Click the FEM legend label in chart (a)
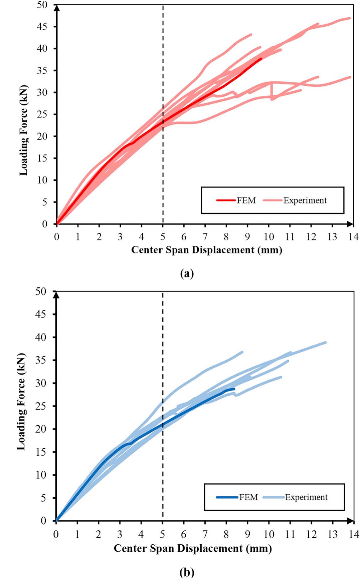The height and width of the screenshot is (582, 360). pyautogui.click(x=246, y=200)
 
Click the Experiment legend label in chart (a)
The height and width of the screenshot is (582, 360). pyautogui.click(x=305, y=200)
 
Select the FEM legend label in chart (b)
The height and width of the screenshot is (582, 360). pyautogui.click(x=248, y=497)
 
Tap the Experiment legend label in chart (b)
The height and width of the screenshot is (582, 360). pyautogui.click(x=306, y=497)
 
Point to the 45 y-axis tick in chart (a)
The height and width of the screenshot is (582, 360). pyautogui.click(x=42, y=27)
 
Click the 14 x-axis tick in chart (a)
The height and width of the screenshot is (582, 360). pyautogui.click(x=353, y=237)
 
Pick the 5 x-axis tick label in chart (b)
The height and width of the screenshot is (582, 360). pyautogui.click(x=162, y=534)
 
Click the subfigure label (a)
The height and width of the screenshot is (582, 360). pyautogui.click(x=187, y=273)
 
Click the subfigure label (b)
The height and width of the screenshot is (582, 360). pyautogui.click(x=187, y=572)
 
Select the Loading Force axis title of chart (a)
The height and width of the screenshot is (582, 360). pyautogui.click(x=23, y=130)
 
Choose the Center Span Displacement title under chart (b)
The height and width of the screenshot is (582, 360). pyautogui.click(x=193, y=548)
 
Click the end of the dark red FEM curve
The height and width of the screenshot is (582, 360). pyautogui.click(x=261, y=58)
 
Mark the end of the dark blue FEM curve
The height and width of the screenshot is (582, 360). pyautogui.click(x=234, y=389)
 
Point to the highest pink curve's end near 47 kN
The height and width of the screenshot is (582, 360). pyautogui.click(x=349, y=18)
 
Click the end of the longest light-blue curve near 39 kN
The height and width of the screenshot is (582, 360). pyautogui.click(x=325, y=342)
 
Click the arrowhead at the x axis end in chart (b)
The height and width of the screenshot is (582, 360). pyautogui.click(x=351, y=521)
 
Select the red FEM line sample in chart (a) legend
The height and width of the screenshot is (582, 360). pyautogui.click(x=226, y=200)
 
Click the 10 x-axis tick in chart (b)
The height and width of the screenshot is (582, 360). pyautogui.click(x=269, y=534)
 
